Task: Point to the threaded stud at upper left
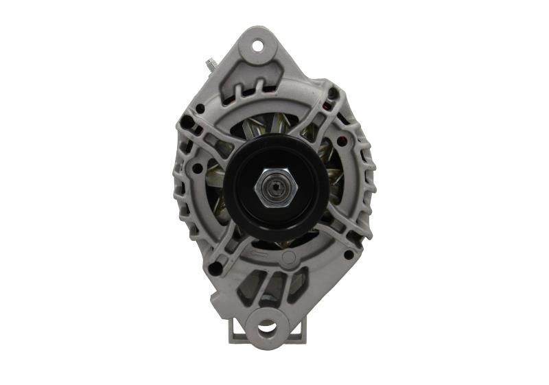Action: point(209,65)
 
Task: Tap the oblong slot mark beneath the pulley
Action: point(260,255)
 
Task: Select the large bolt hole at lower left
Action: point(215,268)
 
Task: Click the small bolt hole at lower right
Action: point(349,255)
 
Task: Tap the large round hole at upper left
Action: point(200,108)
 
